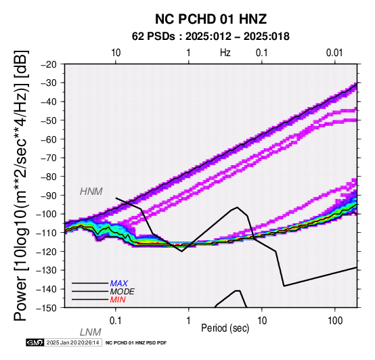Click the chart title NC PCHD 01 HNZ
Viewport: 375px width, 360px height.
[211, 19]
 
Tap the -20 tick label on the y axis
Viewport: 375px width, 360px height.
[49, 64]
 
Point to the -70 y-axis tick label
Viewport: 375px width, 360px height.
[49, 158]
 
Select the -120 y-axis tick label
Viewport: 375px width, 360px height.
[47, 251]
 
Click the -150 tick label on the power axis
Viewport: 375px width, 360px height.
[47, 308]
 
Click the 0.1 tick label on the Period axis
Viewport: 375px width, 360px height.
[116, 321]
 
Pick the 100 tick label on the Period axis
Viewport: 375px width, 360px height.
[335, 321]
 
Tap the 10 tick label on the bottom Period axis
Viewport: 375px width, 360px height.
[262, 321]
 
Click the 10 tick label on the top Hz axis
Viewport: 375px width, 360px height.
[116, 53]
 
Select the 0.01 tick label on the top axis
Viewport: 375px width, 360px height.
[334, 53]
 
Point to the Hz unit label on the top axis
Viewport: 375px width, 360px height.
[225, 53]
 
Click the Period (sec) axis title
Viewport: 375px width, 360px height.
[225, 328]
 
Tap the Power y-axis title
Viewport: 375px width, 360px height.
[21, 185]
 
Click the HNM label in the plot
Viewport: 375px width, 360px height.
[91, 192]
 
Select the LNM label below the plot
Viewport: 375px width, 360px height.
[91, 332]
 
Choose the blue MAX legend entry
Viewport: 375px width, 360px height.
[119, 284]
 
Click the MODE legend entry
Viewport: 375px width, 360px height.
[123, 292]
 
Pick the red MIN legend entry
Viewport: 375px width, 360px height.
[118, 300]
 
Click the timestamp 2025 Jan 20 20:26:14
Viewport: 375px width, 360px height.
[72, 342]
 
